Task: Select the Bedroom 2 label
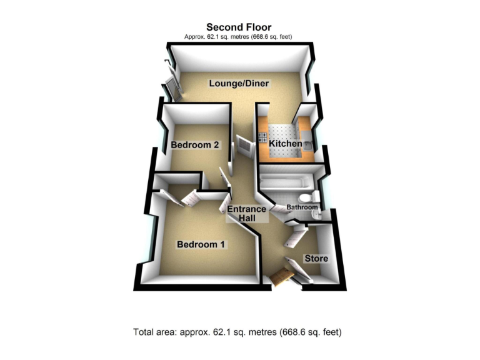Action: [x=194, y=145]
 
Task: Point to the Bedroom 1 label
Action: [x=200, y=244]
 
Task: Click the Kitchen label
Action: [x=286, y=144]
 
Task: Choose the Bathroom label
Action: [x=302, y=207]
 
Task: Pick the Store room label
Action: [x=316, y=258]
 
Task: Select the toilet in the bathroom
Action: [x=314, y=199]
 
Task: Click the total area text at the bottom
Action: [x=237, y=331]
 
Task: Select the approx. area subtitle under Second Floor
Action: [x=238, y=37]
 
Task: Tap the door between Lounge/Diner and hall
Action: [x=242, y=148]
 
